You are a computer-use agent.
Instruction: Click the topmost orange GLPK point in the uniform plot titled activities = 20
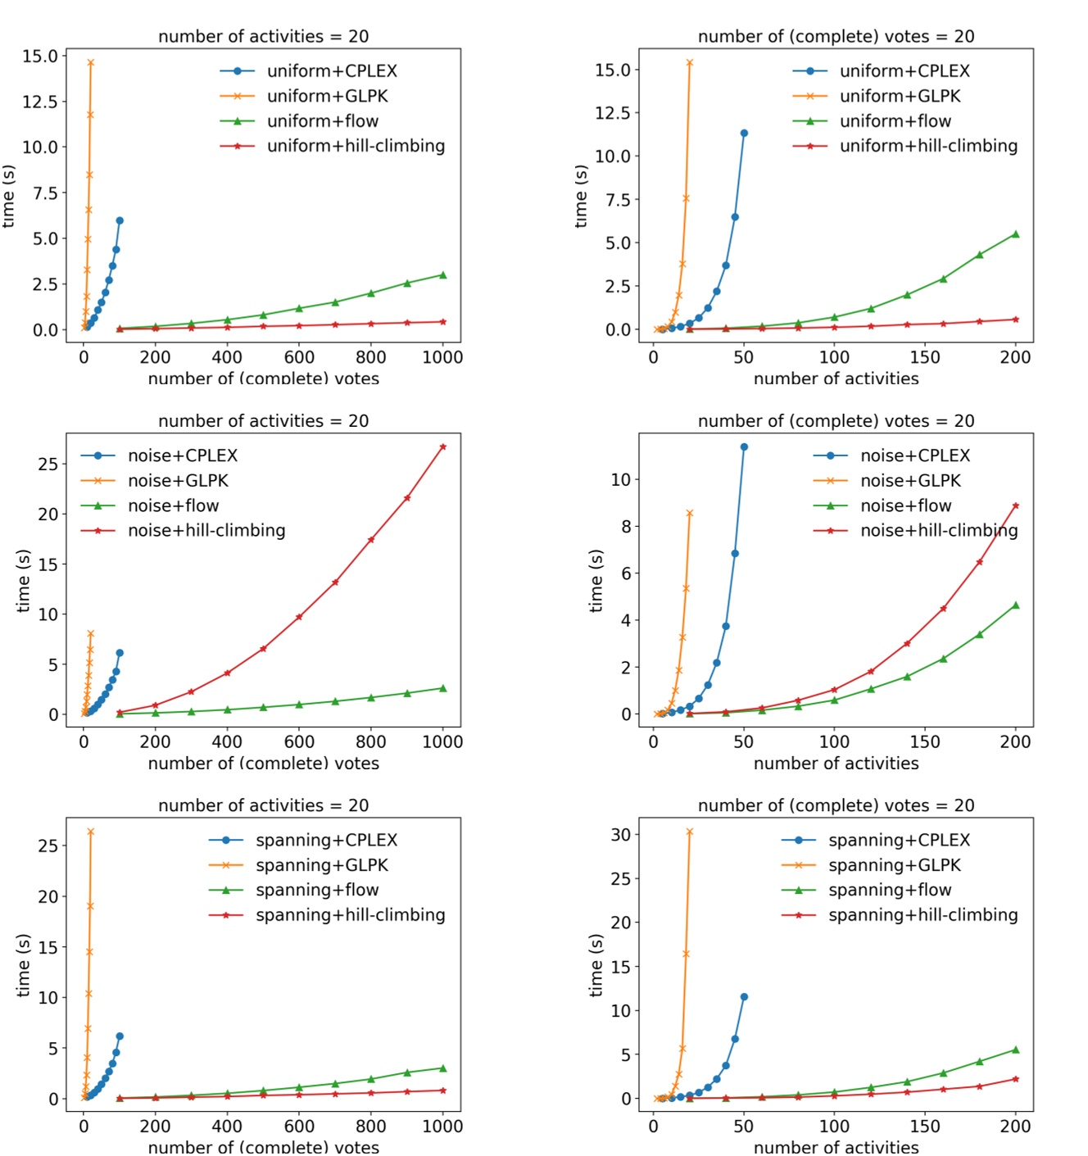(x=90, y=62)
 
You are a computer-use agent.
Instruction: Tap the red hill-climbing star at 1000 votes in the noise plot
(x=443, y=447)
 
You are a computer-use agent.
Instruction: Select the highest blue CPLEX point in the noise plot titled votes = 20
(x=744, y=447)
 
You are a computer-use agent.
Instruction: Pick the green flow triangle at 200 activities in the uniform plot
(x=1016, y=234)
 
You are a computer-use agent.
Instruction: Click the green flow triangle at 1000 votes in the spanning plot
(x=443, y=1068)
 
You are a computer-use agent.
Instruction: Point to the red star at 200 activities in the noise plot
(x=1016, y=505)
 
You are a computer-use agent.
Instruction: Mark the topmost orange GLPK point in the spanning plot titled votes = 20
(x=689, y=832)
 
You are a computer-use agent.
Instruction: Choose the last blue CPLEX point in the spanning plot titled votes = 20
(x=744, y=997)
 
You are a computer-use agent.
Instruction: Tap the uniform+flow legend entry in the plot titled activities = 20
(x=323, y=121)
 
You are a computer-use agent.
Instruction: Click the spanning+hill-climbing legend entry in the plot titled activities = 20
(x=350, y=915)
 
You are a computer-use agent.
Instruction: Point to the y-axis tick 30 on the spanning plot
(x=620, y=835)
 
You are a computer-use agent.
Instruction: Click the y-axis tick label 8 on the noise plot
(x=626, y=527)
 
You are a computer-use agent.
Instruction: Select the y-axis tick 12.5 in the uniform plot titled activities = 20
(x=40, y=102)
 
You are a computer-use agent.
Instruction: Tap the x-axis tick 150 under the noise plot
(x=925, y=741)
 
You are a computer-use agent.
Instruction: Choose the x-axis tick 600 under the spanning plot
(x=299, y=1127)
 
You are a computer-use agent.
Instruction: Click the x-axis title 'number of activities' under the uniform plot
(x=836, y=379)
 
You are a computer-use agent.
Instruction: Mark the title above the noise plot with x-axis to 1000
(x=263, y=421)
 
